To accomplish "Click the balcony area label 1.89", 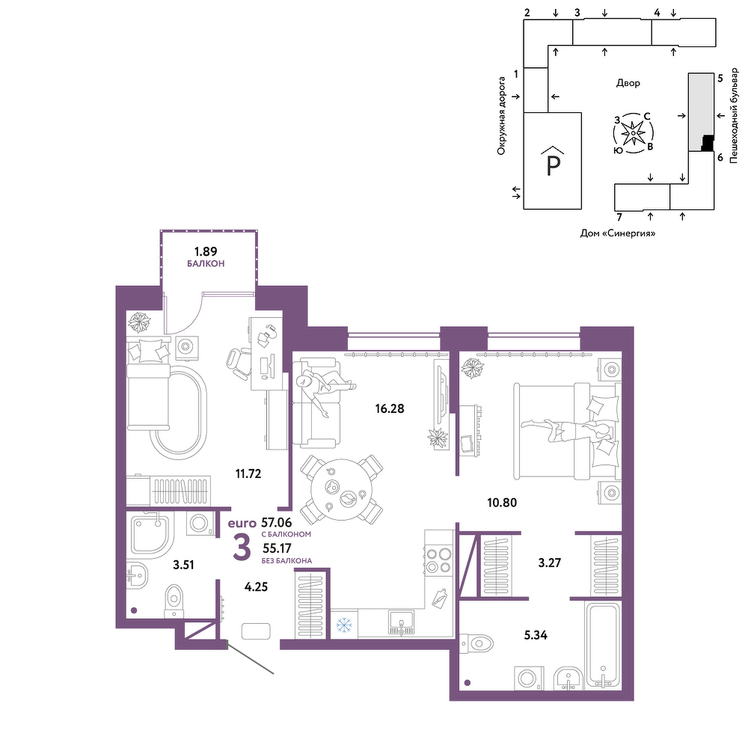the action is (x=206, y=251).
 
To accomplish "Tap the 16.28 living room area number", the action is (x=389, y=409).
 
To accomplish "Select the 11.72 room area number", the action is (x=248, y=473).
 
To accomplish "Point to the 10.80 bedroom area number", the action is (x=502, y=503).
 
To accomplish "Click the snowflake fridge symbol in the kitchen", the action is (x=343, y=625).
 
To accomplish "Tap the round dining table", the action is (x=342, y=490).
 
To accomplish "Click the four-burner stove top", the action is (x=438, y=560).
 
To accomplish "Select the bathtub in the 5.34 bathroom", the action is (x=603, y=645).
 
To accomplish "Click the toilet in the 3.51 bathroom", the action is (x=174, y=601).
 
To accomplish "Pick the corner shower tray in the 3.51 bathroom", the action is (x=150, y=534).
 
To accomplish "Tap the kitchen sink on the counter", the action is (x=402, y=622).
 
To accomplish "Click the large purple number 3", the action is (x=242, y=548).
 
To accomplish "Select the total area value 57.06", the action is (x=276, y=523).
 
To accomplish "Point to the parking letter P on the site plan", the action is (x=553, y=165).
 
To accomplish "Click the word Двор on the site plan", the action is (x=628, y=83).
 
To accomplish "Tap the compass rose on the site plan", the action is (x=633, y=133).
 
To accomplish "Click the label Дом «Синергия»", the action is (x=618, y=233).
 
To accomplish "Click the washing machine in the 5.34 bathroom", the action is (x=529, y=678).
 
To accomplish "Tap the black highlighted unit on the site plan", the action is (x=707, y=143).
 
